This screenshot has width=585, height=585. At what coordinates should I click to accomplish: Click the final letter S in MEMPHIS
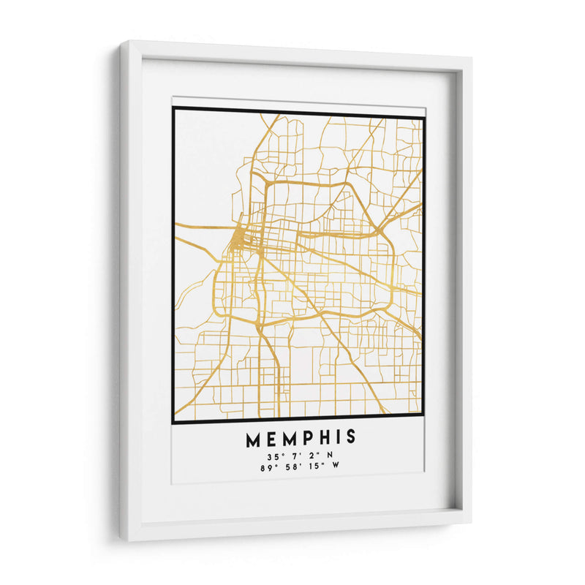coord(351,438)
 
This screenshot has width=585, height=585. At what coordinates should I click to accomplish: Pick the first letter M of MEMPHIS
coord(252,438)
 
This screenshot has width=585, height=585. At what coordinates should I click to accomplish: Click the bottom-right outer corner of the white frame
coord(471,524)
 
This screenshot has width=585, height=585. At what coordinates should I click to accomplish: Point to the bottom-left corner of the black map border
coord(173,422)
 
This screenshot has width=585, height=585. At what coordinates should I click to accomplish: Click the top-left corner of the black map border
coord(173,109)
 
